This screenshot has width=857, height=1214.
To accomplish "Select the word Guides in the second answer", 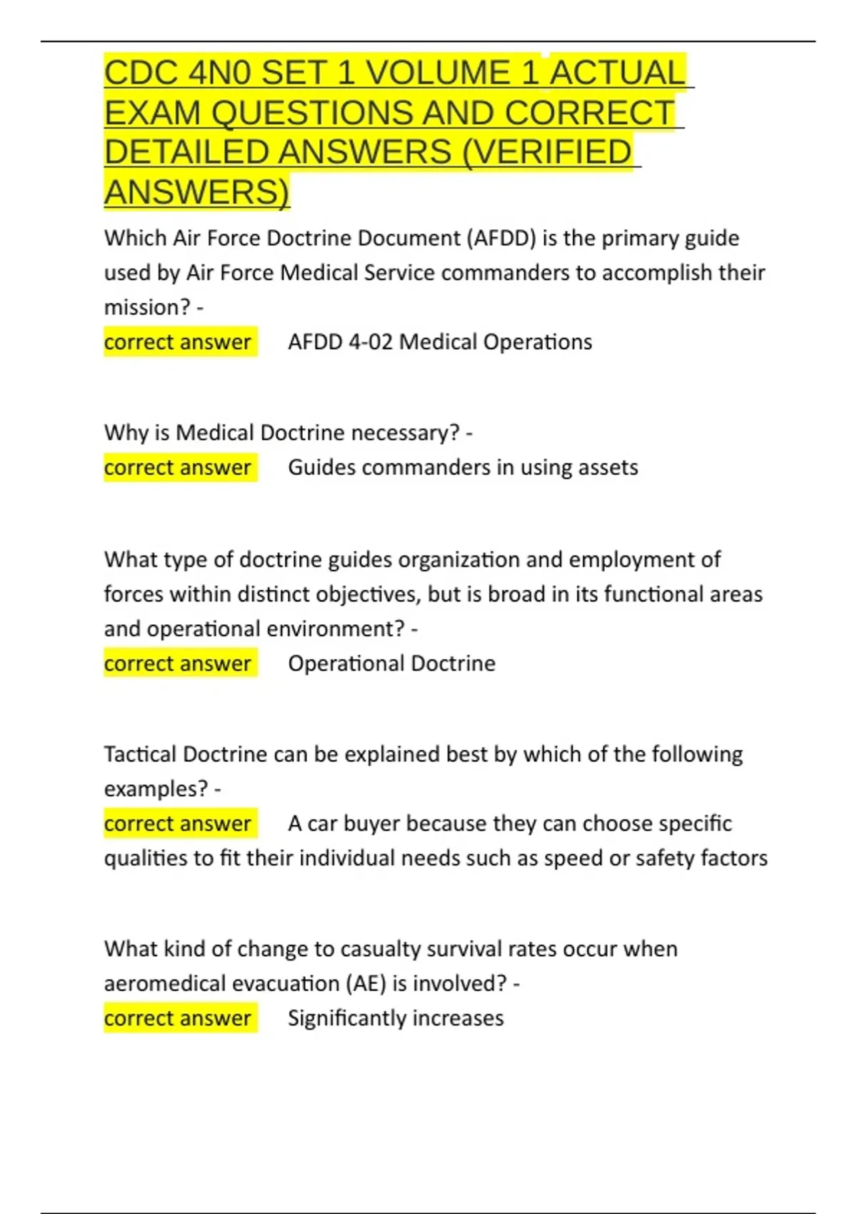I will point(321,468).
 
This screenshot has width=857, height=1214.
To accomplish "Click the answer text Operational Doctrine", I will point(391,663).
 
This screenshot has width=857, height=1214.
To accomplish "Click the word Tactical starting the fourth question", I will point(141,754).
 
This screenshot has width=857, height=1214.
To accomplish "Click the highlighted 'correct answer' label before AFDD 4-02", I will point(178,342).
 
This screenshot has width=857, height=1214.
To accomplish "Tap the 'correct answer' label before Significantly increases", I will point(178,1018).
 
